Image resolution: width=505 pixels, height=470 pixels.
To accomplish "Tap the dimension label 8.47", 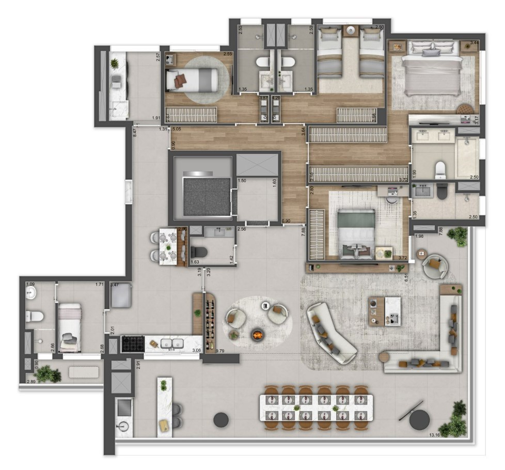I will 134,132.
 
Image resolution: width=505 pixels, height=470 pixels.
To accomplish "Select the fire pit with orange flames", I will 257,335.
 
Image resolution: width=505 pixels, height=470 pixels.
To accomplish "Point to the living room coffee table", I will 384,310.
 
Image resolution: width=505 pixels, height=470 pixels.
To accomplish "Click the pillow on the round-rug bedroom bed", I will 180,81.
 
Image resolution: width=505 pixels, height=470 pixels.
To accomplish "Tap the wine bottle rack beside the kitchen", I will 210,323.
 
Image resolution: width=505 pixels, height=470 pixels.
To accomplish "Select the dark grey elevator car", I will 207,196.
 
